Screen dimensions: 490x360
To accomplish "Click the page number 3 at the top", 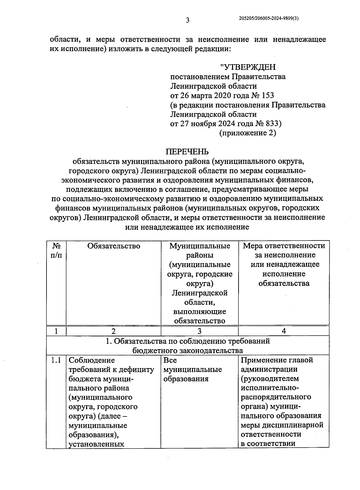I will [x=187, y=20].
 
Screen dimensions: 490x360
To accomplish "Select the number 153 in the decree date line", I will [x=268, y=95].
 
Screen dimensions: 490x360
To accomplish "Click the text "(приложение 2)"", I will [x=248, y=133].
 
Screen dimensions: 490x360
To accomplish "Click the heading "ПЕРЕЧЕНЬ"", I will [x=187, y=152].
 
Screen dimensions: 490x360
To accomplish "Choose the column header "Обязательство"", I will [x=114, y=246].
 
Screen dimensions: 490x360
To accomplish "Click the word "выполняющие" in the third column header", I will [x=200, y=311].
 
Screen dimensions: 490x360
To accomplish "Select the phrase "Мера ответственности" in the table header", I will [x=284, y=246].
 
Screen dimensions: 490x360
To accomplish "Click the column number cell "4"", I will [x=284, y=331].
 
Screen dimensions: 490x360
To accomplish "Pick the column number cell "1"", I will [x=56, y=331].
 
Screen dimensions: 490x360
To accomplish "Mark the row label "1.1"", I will [x=56, y=360].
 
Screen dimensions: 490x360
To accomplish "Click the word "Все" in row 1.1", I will [x=170, y=360].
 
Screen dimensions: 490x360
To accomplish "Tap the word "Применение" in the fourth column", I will [x=260, y=360].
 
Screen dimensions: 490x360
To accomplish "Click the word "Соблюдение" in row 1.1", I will [x=92, y=360].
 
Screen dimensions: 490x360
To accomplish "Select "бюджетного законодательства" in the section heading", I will [x=188, y=350].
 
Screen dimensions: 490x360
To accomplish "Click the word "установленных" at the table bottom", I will [x=96, y=444].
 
